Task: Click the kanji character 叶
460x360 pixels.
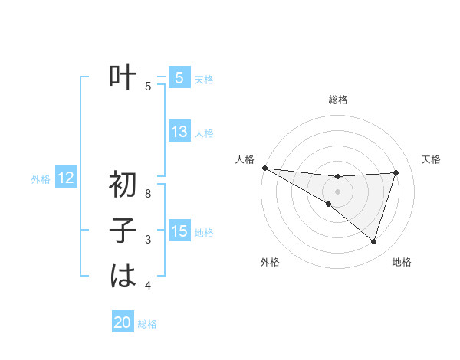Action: pyautogui.click(x=123, y=78)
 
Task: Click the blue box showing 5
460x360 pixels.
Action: pyautogui.click(x=179, y=78)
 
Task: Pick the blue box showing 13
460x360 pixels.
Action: pyautogui.click(x=179, y=132)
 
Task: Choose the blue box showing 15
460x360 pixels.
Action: pyautogui.click(x=179, y=231)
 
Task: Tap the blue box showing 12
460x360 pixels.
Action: pyautogui.click(x=66, y=178)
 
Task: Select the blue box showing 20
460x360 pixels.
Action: pyautogui.click(x=123, y=322)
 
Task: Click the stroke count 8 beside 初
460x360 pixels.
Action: pyautogui.click(x=148, y=195)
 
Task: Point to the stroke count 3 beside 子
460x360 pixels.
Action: pyautogui.click(x=148, y=241)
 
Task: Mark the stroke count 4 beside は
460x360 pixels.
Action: pyautogui.click(x=148, y=286)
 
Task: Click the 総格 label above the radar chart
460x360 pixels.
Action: pyautogui.click(x=337, y=100)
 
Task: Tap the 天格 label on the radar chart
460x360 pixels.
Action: pyautogui.click(x=432, y=159)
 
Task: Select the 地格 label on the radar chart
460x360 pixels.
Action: pyautogui.click(x=402, y=262)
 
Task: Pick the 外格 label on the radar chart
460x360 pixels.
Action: pyautogui.click(x=270, y=262)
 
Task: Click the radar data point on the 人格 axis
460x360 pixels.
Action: pyautogui.click(x=264, y=167)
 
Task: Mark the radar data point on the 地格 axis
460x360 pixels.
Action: pyautogui.click(x=373, y=241)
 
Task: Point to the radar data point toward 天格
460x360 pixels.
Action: pyautogui.click(x=396, y=172)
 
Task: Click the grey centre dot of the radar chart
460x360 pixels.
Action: pyautogui.click(x=337, y=191)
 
